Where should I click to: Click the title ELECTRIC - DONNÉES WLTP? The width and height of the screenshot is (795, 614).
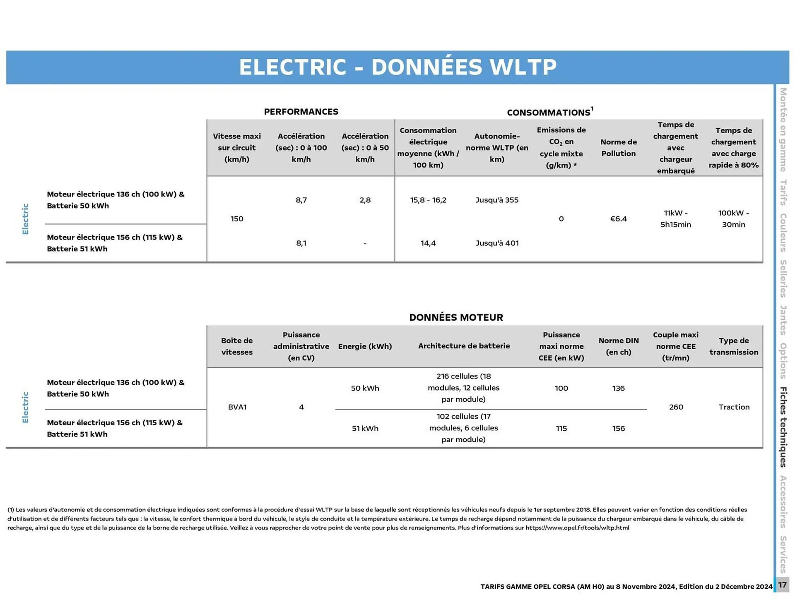pos(397,67)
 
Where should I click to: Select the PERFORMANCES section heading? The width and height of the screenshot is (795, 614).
pos(301,112)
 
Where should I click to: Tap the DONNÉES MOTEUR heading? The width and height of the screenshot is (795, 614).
pos(456,317)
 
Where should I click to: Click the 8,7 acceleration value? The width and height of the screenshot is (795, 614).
pos(301,200)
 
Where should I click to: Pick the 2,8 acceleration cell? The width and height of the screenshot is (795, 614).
pos(365,200)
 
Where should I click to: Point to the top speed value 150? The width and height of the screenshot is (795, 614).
pos(237,219)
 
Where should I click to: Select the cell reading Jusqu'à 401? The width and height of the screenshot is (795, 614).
pos(497,243)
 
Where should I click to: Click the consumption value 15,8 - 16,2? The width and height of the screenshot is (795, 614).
pos(428,200)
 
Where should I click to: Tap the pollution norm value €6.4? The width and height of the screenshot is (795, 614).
pos(618,219)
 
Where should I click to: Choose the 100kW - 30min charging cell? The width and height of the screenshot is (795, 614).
pos(733,219)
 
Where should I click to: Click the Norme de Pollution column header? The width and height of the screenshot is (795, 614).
pos(618,148)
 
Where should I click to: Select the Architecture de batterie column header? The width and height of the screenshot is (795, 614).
pos(464,346)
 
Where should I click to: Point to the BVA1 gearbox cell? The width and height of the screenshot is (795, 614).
pos(237,407)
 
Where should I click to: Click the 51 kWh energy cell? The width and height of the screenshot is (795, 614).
pos(365,429)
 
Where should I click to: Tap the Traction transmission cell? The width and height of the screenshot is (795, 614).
pos(734,407)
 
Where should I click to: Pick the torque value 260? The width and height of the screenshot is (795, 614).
pos(676,407)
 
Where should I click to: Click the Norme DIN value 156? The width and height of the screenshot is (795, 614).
pos(618,429)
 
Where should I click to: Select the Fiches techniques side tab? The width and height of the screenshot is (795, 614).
pos(783,427)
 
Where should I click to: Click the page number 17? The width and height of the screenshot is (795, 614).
pos(782,585)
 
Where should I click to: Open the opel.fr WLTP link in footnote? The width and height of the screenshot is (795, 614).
pos(577,528)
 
